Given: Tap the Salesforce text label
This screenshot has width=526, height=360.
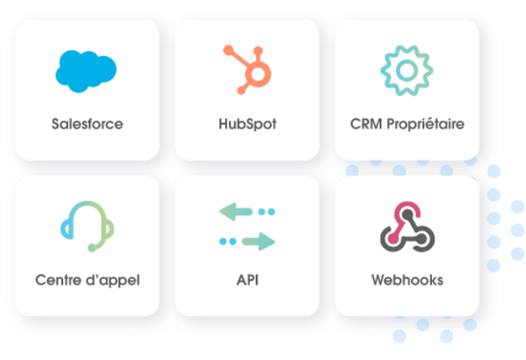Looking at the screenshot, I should pos(87,125).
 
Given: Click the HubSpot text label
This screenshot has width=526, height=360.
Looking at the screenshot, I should pos(247,125).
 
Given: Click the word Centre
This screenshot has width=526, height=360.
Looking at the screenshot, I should pos(58,281).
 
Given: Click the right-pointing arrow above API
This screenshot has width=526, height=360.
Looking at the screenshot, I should pos(258,240).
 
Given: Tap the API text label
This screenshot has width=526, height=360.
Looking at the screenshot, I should pos(247,281).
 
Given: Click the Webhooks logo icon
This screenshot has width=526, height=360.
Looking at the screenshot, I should pos(407,227).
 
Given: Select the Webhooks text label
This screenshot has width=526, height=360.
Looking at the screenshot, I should pos(407,281).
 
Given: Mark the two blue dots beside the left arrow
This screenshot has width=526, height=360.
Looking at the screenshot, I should pos(266,212).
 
